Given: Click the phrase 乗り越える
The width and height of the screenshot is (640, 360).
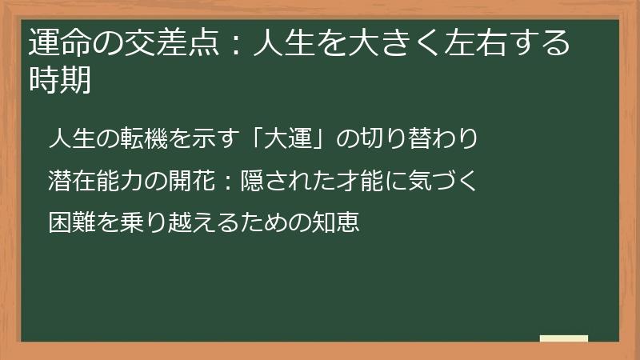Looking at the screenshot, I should (170, 221).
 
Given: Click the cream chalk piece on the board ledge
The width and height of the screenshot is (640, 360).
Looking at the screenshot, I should (563, 338).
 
